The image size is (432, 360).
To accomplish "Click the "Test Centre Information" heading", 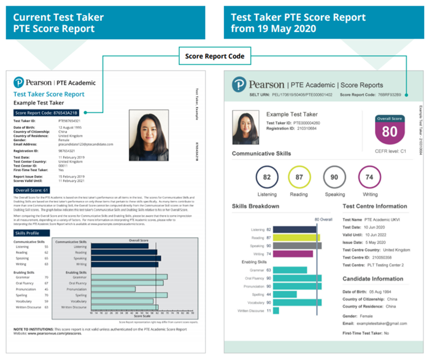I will coord(374,206).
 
